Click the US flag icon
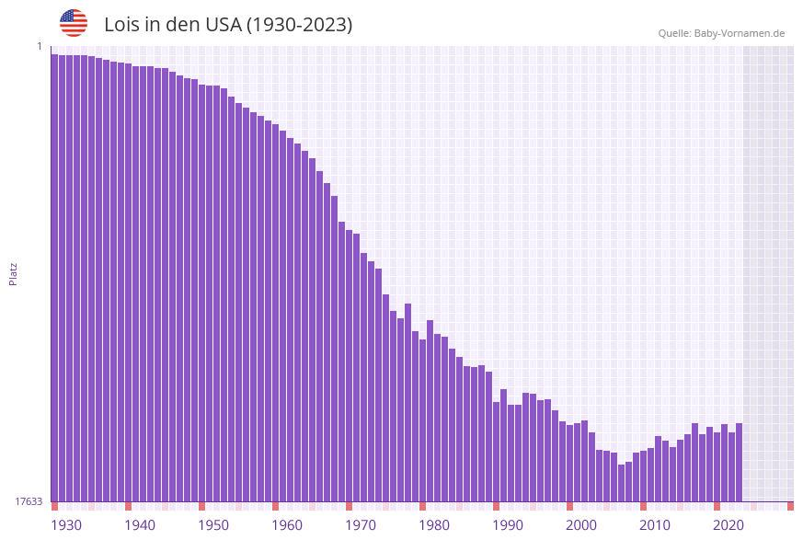pyautogui.click(x=74, y=23)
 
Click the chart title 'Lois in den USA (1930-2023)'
pyautogui.click(x=228, y=25)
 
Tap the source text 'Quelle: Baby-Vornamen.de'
pyautogui.click(x=721, y=33)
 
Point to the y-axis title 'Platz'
pyautogui.click(x=14, y=273)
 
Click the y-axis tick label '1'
pyautogui.click(x=39, y=46)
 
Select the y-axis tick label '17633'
pyautogui.click(x=29, y=501)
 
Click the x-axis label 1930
pyautogui.click(x=66, y=524)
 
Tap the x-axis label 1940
pyautogui.click(x=140, y=524)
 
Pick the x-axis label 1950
pyautogui.click(x=213, y=524)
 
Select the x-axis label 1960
pyautogui.click(x=287, y=524)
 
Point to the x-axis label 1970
pyautogui.click(x=361, y=524)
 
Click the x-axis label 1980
pyautogui.click(x=434, y=524)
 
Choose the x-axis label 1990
pyautogui.click(x=508, y=524)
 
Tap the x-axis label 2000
pyautogui.click(x=581, y=524)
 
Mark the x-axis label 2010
pyautogui.click(x=655, y=524)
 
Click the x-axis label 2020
pyautogui.click(x=728, y=524)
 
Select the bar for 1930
pyautogui.click(x=55, y=276)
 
